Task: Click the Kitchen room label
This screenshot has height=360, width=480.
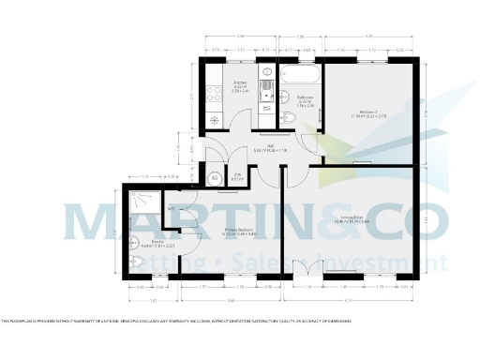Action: [239, 87]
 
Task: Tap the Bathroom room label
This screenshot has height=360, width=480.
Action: [305, 101]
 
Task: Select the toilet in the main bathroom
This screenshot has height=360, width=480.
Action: [289, 117]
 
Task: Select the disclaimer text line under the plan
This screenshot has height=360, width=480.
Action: [178, 321]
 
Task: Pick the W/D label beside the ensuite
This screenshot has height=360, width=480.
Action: [171, 209]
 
